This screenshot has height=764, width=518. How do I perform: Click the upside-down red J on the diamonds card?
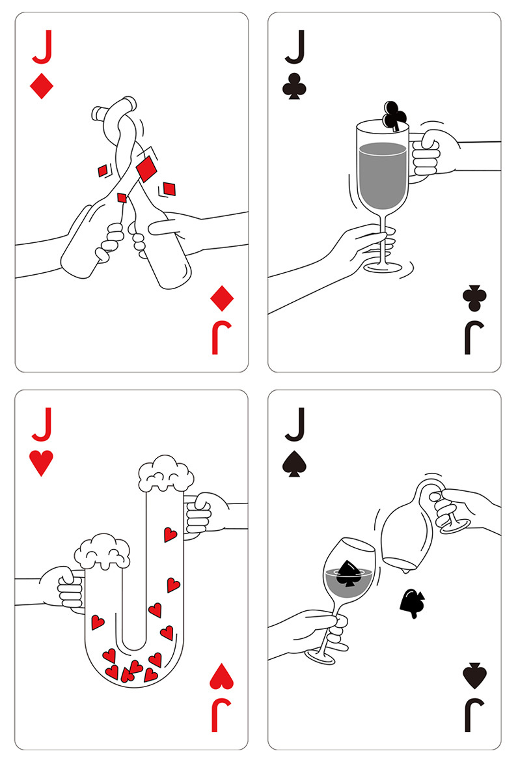coord(221,339)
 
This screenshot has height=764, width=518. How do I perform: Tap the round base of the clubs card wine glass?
coord(384,267)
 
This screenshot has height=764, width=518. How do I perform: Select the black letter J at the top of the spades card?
coord(294,427)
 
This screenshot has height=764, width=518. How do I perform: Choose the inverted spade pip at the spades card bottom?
coord(474,677)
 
